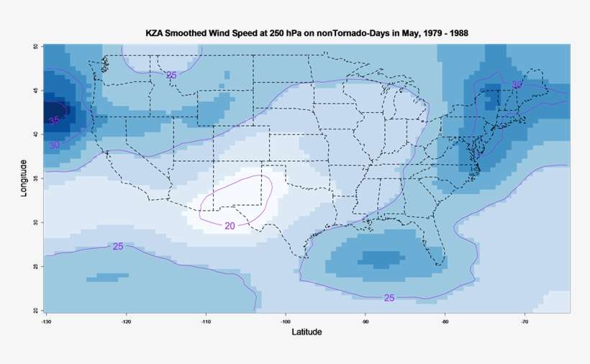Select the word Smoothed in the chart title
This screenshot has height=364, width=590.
click(x=189, y=33)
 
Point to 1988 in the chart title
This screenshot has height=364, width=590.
click(x=458, y=33)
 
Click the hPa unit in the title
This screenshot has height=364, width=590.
click(x=286, y=33)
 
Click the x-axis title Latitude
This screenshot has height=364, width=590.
click(x=307, y=332)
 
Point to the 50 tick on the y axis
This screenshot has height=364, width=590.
click(x=35, y=47)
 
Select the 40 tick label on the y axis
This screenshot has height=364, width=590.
click(x=35, y=135)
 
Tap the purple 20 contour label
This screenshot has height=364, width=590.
click(x=230, y=226)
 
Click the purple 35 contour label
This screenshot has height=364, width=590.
click(x=55, y=120)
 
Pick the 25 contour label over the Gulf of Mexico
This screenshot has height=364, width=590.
click(x=389, y=298)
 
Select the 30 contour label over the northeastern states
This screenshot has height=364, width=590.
click(x=517, y=85)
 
